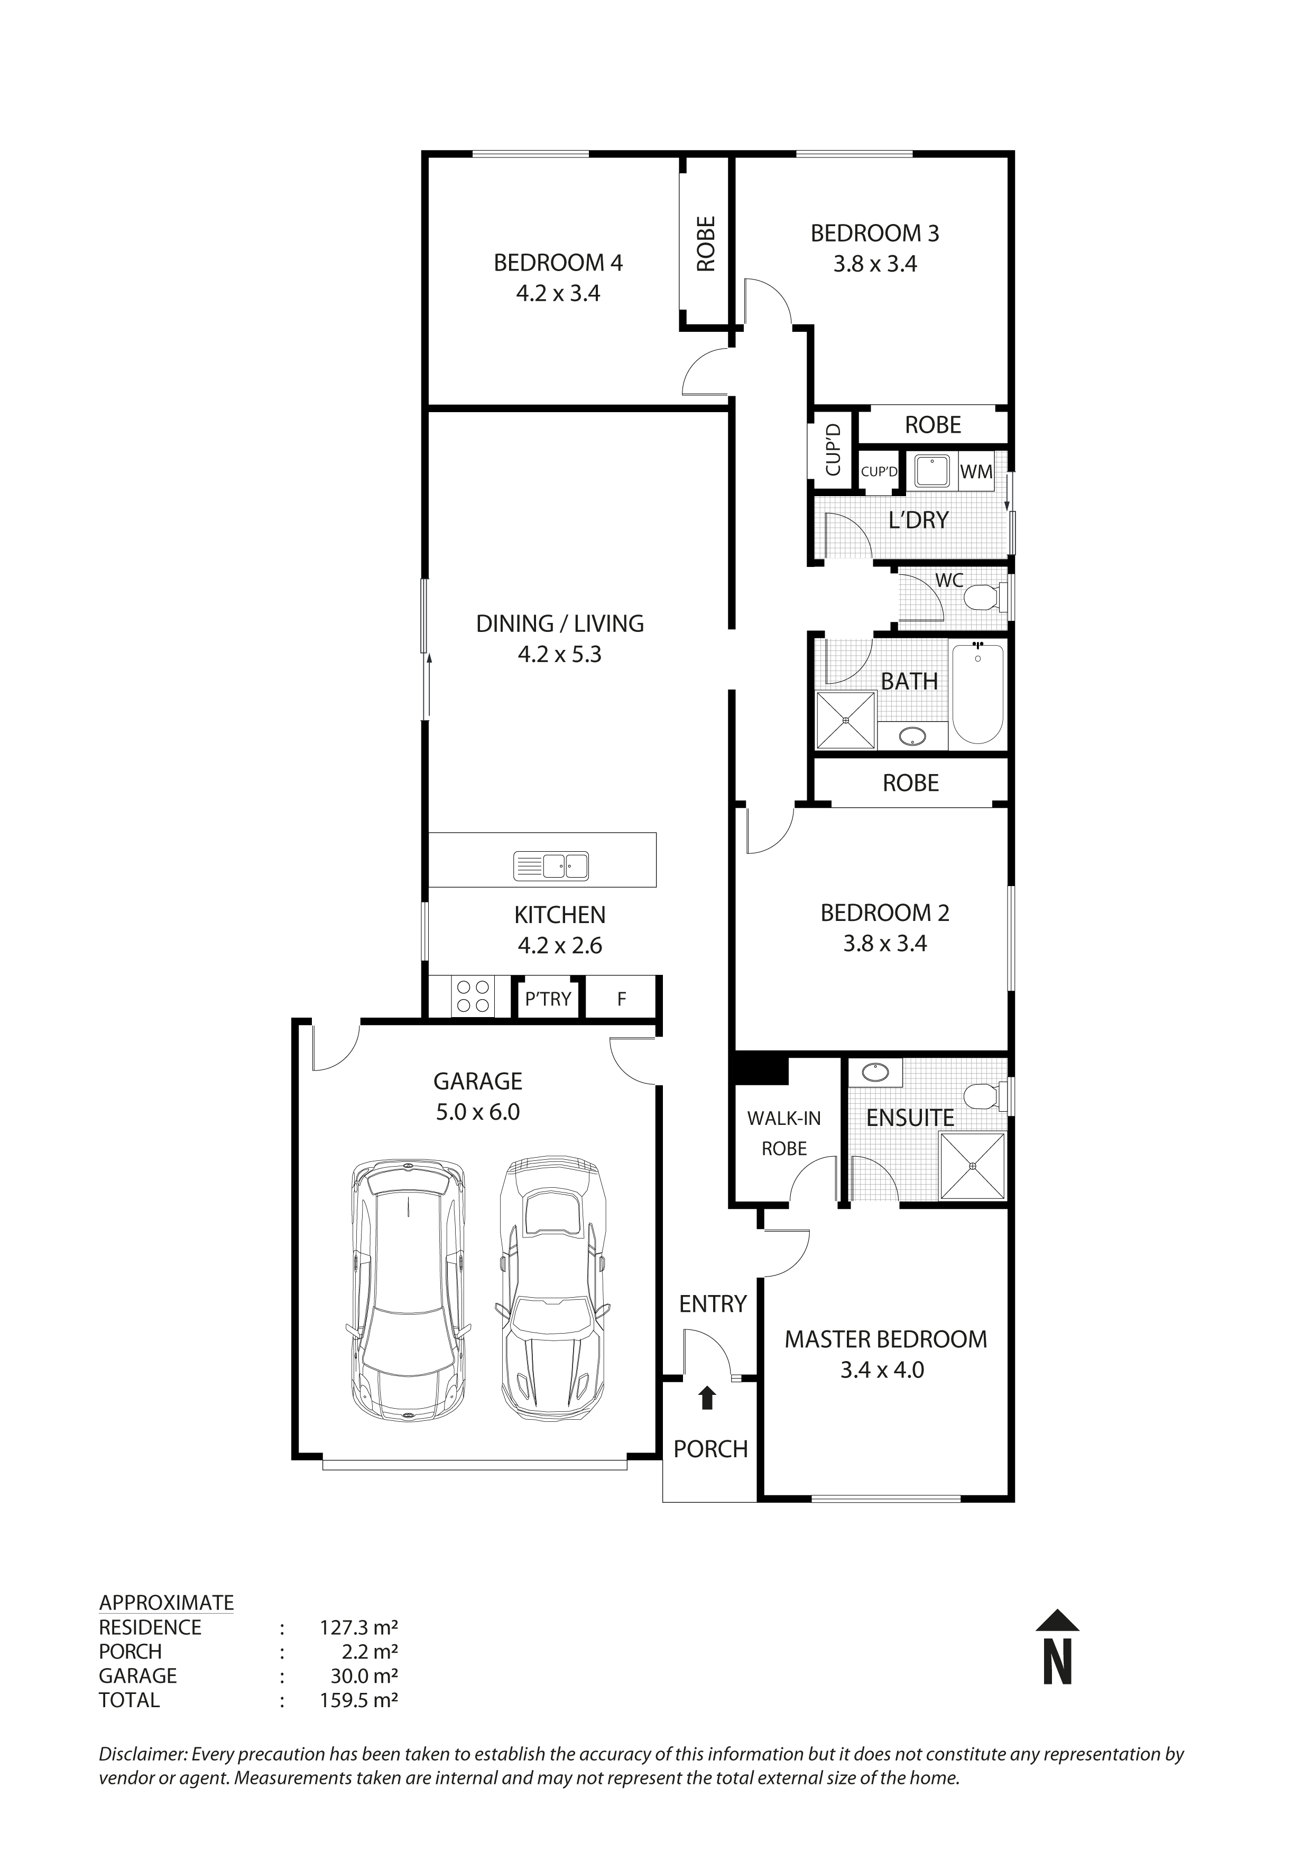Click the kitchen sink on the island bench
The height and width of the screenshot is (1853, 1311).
coord(551,866)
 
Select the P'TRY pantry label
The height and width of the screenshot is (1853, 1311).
coord(548,999)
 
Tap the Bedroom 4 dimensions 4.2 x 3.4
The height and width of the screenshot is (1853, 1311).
coord(558,294)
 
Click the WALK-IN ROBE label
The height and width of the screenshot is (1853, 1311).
coord(784,1133)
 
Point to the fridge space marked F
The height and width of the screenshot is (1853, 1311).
coord(622,999)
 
